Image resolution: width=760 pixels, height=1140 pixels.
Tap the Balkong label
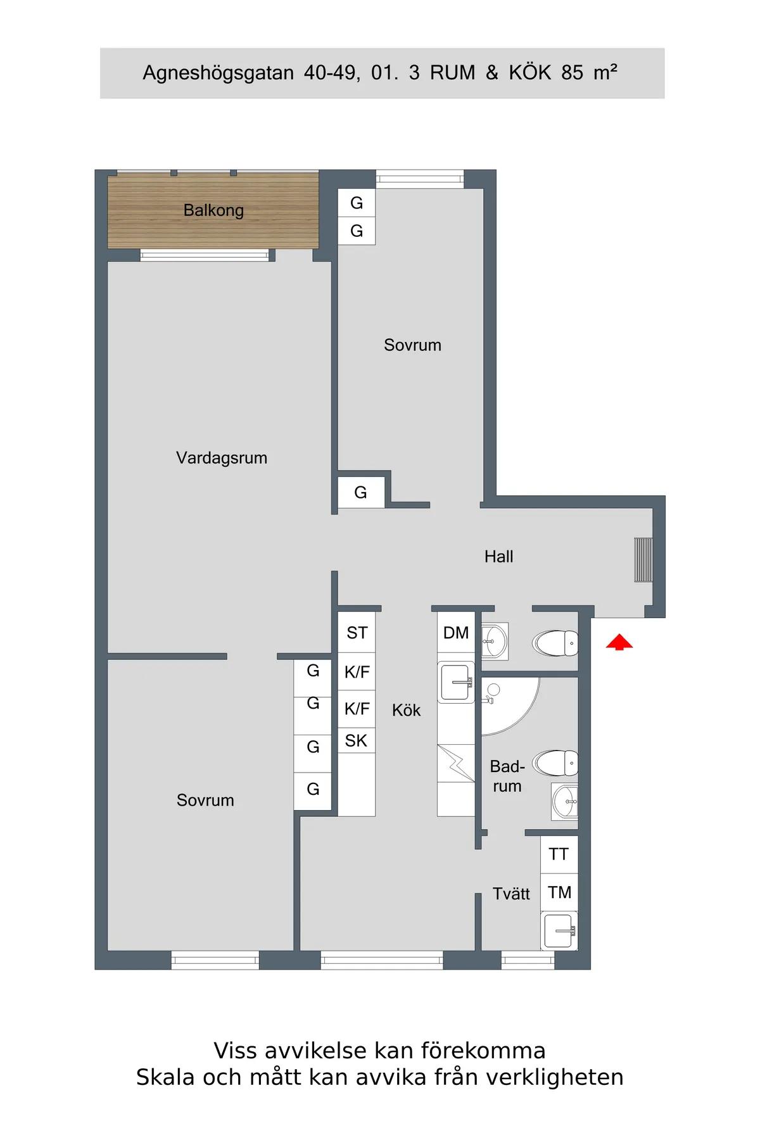click(x=213, y=210)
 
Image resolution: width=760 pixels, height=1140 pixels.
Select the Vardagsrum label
click(x=222, y=457)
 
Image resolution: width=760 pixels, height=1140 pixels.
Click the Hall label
click(x=498, y=557)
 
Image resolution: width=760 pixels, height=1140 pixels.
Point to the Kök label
click(x=406, y=710)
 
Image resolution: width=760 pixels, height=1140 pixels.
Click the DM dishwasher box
click(x=456, y=633)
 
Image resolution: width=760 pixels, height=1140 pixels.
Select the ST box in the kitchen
click(x=357, y=633)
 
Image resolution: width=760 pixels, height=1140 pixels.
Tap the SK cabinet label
click(x=356, y=740)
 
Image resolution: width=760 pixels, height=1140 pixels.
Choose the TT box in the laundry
click(x=559, y=854)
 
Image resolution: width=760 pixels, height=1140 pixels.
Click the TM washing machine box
click(x=559, y=892)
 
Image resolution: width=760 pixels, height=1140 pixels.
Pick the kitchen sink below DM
click(x=456, y=683)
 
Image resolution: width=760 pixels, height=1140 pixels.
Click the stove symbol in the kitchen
click(x=456, y=764)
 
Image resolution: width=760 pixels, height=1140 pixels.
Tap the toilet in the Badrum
click(x=555, y=763)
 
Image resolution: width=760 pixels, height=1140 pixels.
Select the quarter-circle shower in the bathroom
click(x=510, y=706)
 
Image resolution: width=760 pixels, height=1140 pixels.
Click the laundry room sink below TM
click(x=559, y=931)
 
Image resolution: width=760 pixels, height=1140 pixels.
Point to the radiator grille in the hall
click(x=643, y=560)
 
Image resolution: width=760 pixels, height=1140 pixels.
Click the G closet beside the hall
click(x=361, y=492)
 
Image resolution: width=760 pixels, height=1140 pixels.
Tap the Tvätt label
click(x=511, y=894)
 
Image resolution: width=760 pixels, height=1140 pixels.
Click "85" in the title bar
click(x=572, y=73)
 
